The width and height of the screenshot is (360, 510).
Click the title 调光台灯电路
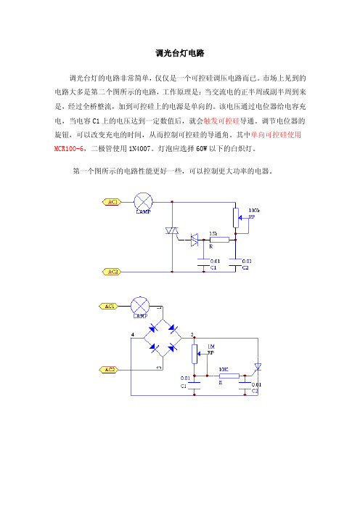(x=180, y=53)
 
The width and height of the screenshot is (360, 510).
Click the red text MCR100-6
(x=68, y=149)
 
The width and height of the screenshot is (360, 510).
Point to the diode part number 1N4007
(x=139, y=149)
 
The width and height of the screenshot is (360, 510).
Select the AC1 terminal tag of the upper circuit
(x=112, y=202)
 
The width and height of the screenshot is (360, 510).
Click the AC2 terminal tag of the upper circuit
(x=112, y=272)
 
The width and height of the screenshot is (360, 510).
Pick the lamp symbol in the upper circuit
(x=143, y=202)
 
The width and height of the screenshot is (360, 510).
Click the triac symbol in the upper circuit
(x=172, y=230)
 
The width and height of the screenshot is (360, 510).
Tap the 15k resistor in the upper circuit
(x=219, y=240)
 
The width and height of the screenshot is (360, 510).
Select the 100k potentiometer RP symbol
(x=236, y=218)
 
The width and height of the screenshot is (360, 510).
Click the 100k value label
(x=254, y=211)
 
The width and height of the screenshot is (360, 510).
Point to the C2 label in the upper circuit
(x=245, y=267)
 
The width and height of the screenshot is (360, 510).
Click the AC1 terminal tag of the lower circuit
(x=109, y=306)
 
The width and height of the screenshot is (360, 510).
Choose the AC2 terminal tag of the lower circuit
(x=109, y=370)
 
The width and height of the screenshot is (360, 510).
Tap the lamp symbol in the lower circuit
(x=140, y=306)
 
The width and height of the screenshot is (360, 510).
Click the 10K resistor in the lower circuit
(x=229, y=376)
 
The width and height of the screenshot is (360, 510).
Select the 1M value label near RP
(x=211, y=347)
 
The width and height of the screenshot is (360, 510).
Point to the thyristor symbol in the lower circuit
(x=258, y=367)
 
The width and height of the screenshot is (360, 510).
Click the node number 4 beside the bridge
(x=133, y=334)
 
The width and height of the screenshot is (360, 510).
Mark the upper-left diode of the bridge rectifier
(x=152, y=328)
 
